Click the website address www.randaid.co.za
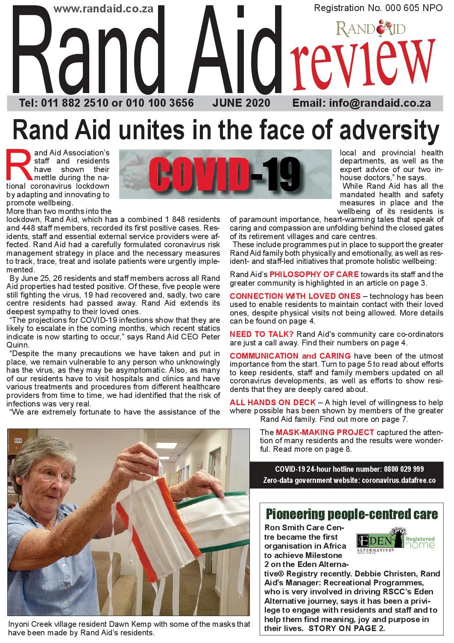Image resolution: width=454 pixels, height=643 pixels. pyautogui.click(x=103, y=9)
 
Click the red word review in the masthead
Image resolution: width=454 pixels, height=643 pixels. pyautogui.click(x=363, y=63)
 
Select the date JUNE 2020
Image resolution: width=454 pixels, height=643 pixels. pyautogui.click(x=241, y=103)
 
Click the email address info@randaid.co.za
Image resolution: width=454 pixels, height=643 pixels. pyautogui.click(x=380, y=103)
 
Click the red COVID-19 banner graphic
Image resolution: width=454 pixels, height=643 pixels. pyautogui.click(x=225, y=174)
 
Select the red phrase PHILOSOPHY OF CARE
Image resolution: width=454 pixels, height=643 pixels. pyautogui.click(x=314, y=275)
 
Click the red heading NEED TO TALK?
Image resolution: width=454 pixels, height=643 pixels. pyautogui.click(x=261, y=334)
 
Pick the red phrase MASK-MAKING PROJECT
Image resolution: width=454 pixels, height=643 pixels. pyautogui.click(x=325, y=433)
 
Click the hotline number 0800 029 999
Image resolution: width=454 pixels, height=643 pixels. pyautogui.click(x=404, y=469)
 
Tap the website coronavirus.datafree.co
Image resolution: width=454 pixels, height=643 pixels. pyautogui.click(x=398, y=480)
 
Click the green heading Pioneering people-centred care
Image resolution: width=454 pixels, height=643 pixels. pyautogui.click(x=351, y=514)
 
